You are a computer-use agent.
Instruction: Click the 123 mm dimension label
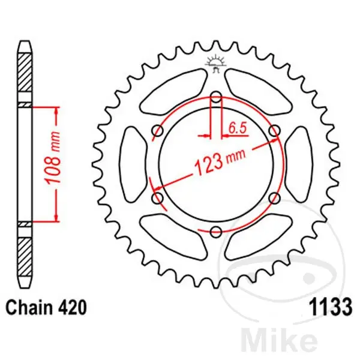(x=220, y=163)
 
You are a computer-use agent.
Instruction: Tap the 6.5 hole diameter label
(x=238, y=128)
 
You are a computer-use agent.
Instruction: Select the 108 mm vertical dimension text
(x=53, y=158)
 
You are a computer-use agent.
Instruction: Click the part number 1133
(x=331, y=307)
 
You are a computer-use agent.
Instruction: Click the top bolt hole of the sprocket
(x=216, y=97)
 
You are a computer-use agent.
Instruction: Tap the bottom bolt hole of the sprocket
(x=216, y=232)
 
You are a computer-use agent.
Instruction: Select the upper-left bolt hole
(x=157, y=131)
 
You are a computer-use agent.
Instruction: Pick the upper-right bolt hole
(x=275, y=131)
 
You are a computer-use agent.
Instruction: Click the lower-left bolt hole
(x=157, y=198)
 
